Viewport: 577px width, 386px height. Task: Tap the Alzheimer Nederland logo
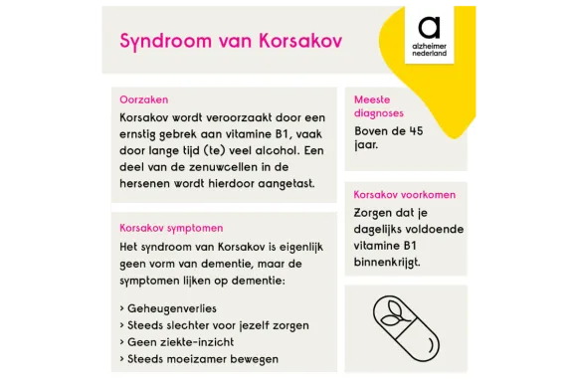[430, 34]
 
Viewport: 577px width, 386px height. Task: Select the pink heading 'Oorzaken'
[143, 99]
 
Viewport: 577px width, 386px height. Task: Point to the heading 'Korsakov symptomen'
[171, 227]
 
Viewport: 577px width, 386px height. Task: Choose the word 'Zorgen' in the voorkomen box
[374, 212]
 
